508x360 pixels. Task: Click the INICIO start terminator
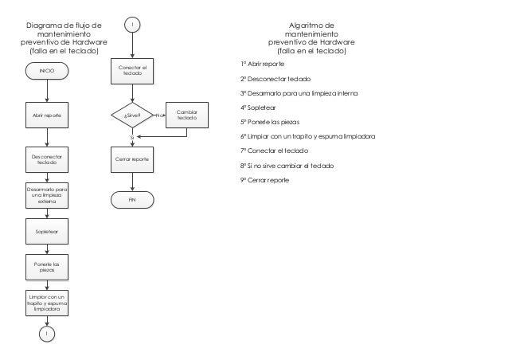tap(47, 71)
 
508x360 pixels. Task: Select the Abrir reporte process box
tap(47, 115)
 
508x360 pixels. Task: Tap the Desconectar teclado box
tap(47, 159)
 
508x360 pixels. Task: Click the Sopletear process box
tap(47, 231)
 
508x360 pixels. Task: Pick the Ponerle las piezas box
tap(47, 267)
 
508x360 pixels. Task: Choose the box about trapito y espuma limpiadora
tap(47, 303)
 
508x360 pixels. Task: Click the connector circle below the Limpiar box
tap(47, 334)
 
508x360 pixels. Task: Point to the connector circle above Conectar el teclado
tap(132, 25)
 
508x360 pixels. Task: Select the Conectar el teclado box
tap(132, 72)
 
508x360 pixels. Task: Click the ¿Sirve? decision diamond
tap(132, 115)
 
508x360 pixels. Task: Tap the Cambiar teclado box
tap(187, 115)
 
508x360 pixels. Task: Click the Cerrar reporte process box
tap(132, 159)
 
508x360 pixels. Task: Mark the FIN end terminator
tap(132, 200)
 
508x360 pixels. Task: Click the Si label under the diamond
tap(132, 138)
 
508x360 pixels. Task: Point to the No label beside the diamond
tap(159, 115)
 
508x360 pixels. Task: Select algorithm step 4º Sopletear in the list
tap(258, 108)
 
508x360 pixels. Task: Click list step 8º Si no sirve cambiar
tap(287, 166)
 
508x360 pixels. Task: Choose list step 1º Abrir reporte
tap(262, 65)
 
